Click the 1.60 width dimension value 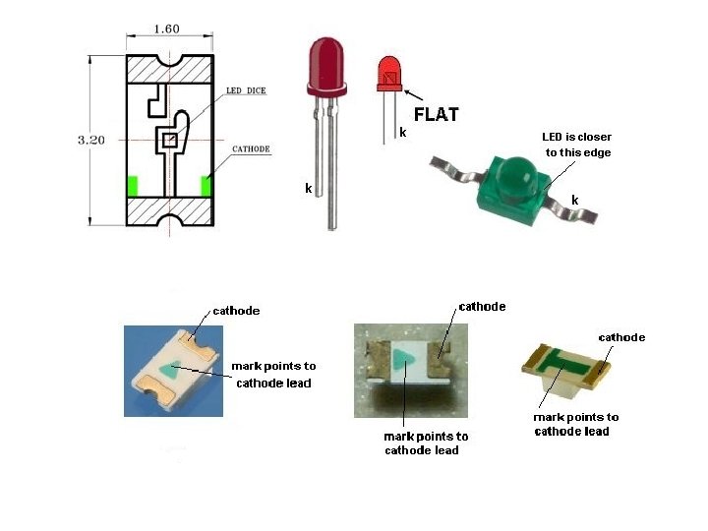click(x=166, y=29)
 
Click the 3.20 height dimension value click(x=90, y=140)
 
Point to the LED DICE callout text click(x=246, y=90)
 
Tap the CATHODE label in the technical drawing click(x=251, y=149)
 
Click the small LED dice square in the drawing click(x=169, y=141)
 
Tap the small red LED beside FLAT click(x=390, y=75)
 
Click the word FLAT click(x=436, y=114)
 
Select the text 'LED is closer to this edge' click(x=577, y=145)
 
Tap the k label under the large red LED click(x=309, y=188)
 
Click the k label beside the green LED click(x=575, y=200)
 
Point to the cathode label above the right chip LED click(x=621, y=337)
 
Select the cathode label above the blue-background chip click(x=236, y=311)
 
